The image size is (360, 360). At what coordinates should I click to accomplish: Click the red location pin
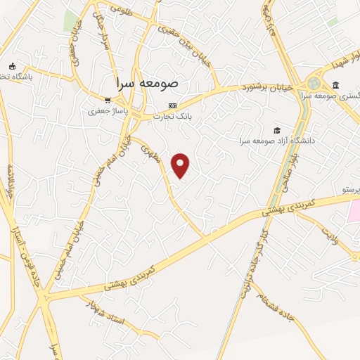[181, 165]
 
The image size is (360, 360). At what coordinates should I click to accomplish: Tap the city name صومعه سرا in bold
[148, 83]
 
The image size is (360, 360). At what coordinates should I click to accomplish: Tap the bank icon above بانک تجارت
[172, 105]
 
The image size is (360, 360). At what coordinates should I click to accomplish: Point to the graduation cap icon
[277, 130]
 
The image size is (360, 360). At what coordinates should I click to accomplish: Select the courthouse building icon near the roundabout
[335, 86]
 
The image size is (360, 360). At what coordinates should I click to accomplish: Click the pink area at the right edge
[354, 210]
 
